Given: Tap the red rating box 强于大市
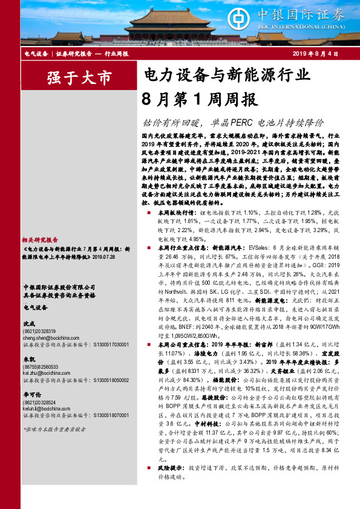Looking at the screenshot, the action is click(x=79, y=78).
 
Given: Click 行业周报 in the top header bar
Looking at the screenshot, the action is click(x=117, y=54).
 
